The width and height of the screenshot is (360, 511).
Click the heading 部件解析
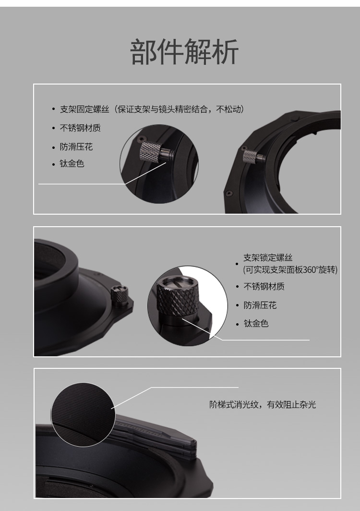(184, 51)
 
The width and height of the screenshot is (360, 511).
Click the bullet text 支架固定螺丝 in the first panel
(84, 109)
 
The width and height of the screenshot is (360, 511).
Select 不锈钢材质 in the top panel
(80, 128)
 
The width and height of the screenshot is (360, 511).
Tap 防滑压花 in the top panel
(76, 146)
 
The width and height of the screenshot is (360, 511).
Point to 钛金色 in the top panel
(72, 163)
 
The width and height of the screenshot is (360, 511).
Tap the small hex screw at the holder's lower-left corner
(229, 193)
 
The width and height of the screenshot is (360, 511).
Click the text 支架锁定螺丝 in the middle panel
(268, 258)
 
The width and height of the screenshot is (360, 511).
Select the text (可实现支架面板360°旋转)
(290, 270)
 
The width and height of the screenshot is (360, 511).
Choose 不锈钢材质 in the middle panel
(264, 286)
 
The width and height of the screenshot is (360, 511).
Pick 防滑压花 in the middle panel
(260, 305)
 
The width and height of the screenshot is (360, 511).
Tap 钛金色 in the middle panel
(256, 324)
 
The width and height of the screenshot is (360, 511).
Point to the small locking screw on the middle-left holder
(120, 295)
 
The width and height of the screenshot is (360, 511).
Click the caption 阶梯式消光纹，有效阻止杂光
(263, 405)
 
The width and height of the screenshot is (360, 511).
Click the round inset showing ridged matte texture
(83, 414)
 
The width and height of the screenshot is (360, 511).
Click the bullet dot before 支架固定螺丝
(53, 109)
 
